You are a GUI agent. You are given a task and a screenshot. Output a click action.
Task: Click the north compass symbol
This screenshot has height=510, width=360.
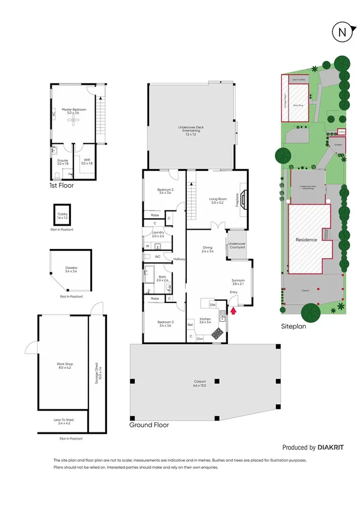(341, 32)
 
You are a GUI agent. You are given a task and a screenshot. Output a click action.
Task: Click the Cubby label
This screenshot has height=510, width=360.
(63, 215)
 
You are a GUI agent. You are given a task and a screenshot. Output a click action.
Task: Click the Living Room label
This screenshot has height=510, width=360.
(217, 200)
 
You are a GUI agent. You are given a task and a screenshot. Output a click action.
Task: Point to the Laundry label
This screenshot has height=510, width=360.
(158, 234)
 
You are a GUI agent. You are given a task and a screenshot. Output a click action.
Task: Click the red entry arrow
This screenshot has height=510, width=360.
(234, 310)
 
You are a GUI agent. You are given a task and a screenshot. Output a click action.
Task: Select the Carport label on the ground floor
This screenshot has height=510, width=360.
(200, 383)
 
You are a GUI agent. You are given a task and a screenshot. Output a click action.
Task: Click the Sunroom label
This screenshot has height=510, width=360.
(239, 282)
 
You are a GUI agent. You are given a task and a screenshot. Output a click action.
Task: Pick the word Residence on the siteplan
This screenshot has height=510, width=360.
(306, 240)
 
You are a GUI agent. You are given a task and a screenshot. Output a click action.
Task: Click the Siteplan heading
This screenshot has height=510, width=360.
(294, 327)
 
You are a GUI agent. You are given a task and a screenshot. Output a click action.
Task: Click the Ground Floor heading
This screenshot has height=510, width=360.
(149, 425)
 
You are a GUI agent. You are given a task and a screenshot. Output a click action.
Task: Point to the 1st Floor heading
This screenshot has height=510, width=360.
(63, 186)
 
